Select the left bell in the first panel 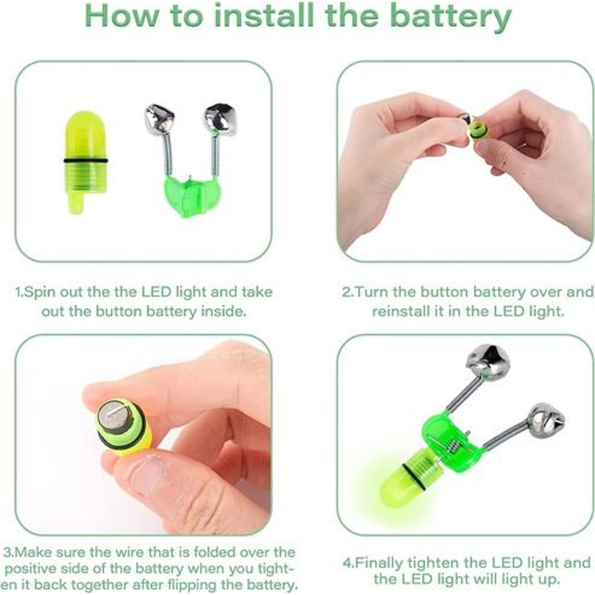157,119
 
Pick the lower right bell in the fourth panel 544,419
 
